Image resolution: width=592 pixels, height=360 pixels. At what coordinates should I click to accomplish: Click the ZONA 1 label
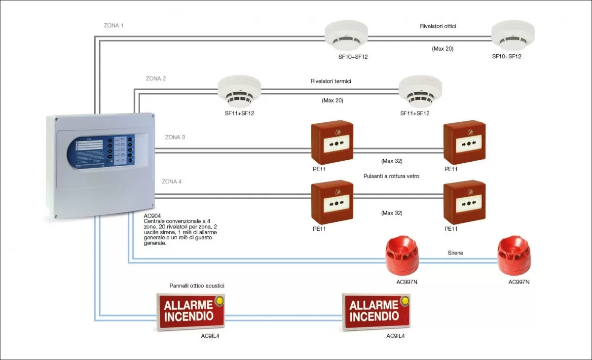pyautogui.click(x=113, y=25)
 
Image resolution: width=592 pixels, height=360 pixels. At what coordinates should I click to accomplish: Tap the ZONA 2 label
pyautogui.click(x=156, y=78)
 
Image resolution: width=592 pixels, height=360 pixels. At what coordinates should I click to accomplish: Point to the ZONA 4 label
pyautogui.click(x=172, y=181)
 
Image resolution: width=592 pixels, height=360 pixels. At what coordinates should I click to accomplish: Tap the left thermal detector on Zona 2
pyautogui.click(x=239, y=91)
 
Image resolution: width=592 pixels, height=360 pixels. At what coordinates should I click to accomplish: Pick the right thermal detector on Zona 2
pyautogui.click(x=420, y=91)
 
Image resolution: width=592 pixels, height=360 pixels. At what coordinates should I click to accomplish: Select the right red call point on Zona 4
pyautogui.click(x=464, y=202)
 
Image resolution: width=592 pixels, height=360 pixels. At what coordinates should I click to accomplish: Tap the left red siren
pyautogui.click(x=402, y=255)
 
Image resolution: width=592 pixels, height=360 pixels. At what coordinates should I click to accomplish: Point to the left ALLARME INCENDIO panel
pyautogui.click(x=190, y=311)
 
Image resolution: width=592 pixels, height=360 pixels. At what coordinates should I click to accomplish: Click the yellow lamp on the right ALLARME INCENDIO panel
pyautogui.click(x=405, y=299)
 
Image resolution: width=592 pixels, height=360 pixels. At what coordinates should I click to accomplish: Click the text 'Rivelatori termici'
pyautogui.click(x=331, y=81)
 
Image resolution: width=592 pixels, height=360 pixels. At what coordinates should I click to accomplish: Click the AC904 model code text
pyautogui.click(x=151, y=216)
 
